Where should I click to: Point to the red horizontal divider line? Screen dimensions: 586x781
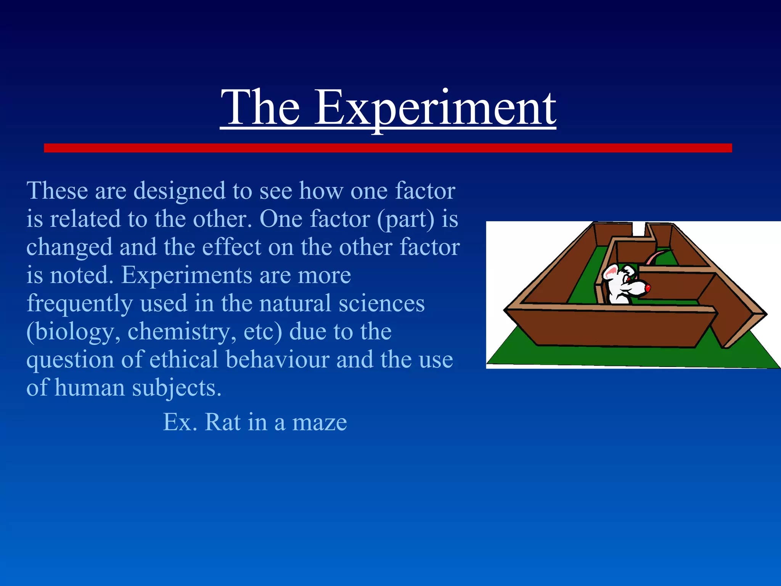(x=387, y=148)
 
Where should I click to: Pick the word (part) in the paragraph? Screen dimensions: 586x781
(x=406, y=219)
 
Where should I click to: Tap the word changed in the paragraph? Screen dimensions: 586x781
(x=69, y=248)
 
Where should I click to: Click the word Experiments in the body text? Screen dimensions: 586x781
(x=186, y=275)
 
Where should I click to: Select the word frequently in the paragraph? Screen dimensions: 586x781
(x=80, y=304)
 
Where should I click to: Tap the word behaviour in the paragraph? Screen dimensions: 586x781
(x=277, y=360)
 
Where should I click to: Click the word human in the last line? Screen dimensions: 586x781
(x=90, y=388)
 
